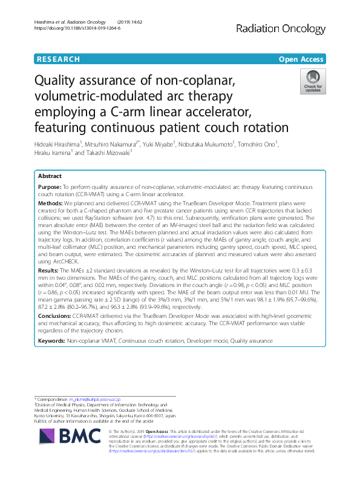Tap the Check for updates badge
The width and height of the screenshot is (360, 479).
tap(313, 82)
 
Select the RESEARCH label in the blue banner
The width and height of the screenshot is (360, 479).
tap(59, 59)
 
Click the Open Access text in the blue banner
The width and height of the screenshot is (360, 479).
tap(302, 59)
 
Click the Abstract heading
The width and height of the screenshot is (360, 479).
tap(50, 176)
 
